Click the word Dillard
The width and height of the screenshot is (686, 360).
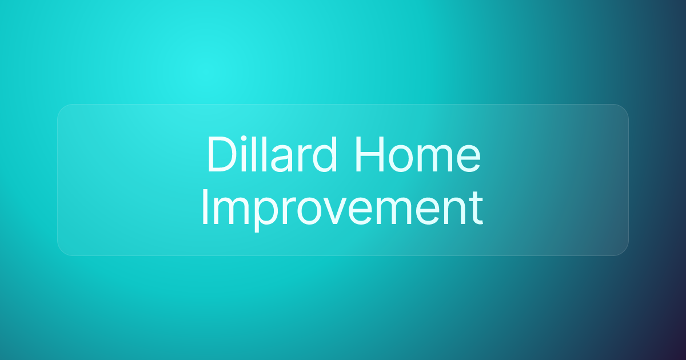coord(272,154)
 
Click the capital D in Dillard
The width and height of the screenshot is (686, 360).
coord(221,155)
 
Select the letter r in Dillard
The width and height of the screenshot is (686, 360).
coord(306,159)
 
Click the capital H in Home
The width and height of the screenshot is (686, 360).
coord(369,155)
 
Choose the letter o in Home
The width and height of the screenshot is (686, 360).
coord(402,159)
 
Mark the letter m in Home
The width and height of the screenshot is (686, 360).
coord(436,159)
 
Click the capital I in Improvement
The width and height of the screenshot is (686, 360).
coord(205,207)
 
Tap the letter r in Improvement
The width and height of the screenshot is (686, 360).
coord(289,212)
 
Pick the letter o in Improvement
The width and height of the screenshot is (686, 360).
coord(309,213)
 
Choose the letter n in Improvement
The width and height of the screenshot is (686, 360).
coord(455,212)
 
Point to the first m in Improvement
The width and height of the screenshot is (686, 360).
coord(232,212)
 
